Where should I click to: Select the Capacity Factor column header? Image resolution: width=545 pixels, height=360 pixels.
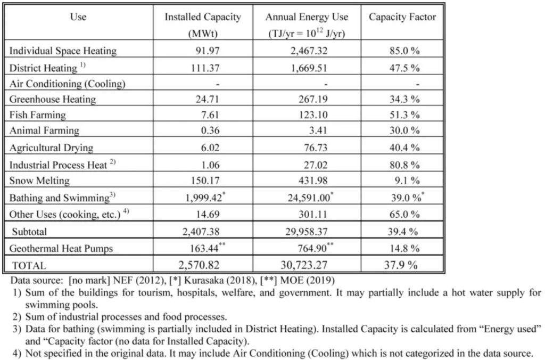point(402,17)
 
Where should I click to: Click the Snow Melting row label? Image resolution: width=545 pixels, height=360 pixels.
point(39,181)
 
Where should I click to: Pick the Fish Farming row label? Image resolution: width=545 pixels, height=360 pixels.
point(38,115)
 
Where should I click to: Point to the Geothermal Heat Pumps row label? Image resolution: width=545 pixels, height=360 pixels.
point(61,248)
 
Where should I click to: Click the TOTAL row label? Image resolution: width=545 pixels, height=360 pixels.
point(29,266)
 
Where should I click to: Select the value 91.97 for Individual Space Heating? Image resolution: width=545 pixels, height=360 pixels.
point(208,51)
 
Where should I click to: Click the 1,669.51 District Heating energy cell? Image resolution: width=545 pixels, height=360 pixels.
point(309,68)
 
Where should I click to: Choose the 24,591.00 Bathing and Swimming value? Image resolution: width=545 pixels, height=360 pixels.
point(309,198)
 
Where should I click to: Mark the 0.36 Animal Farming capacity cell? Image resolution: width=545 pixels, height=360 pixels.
point(210,130)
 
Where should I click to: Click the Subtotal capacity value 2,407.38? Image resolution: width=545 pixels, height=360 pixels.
point(201,232)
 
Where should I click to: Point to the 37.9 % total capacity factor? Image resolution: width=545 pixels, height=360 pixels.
point(401,265)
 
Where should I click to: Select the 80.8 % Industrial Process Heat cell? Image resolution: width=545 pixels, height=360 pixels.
point(404,165)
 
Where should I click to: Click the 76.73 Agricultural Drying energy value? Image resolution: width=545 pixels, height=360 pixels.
point(316,148)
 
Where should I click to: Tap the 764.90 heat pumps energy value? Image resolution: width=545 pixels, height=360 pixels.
point(312,248)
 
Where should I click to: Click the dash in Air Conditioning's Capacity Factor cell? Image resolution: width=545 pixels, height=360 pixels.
point(417,84)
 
